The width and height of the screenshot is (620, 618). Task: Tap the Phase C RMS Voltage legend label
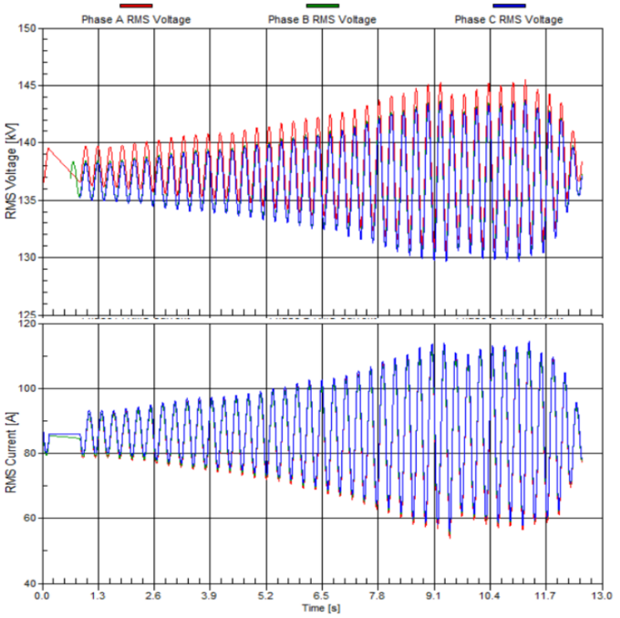click(x=509, y=19)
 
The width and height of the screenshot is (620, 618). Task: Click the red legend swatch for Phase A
click(x=136, y=6)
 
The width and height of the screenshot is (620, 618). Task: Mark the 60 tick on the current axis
click(x=27, y=519)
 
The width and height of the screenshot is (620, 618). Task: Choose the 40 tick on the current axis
click(x=27, y=583)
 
